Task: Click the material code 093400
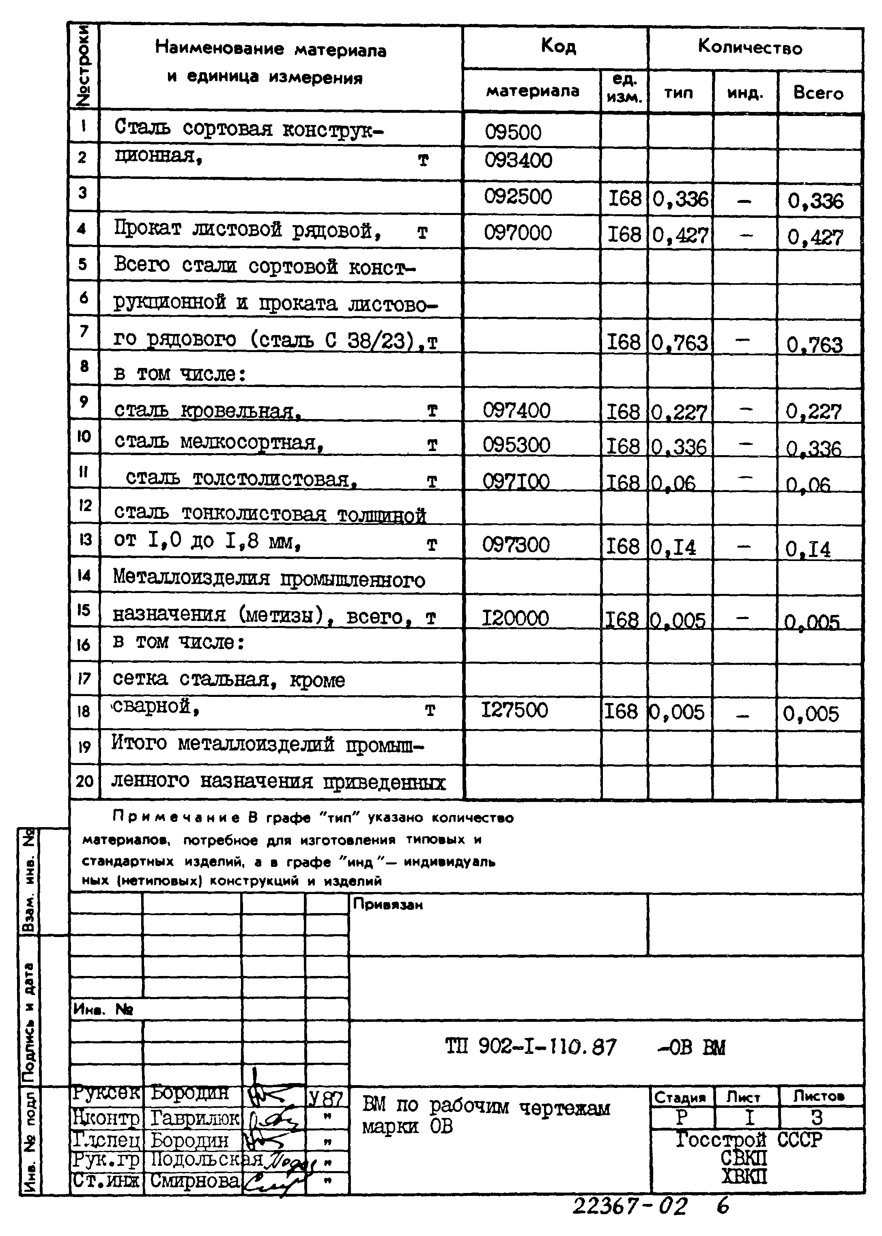[x=518, y=161]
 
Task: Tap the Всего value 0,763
[x=815, y=345]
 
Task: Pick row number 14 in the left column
[x=84, y=574]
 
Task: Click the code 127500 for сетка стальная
[x=515, y=710]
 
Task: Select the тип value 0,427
[x=680, y=235]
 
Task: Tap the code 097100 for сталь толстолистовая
[x=516, y=482]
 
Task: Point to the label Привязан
[x=387, y=904]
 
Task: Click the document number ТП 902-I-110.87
[x=531, y=1047]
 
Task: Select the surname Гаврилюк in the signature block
[x=194, y=1118]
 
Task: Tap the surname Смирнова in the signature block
[x=194, y=1180]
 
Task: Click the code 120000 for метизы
[x=515, y=618]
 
